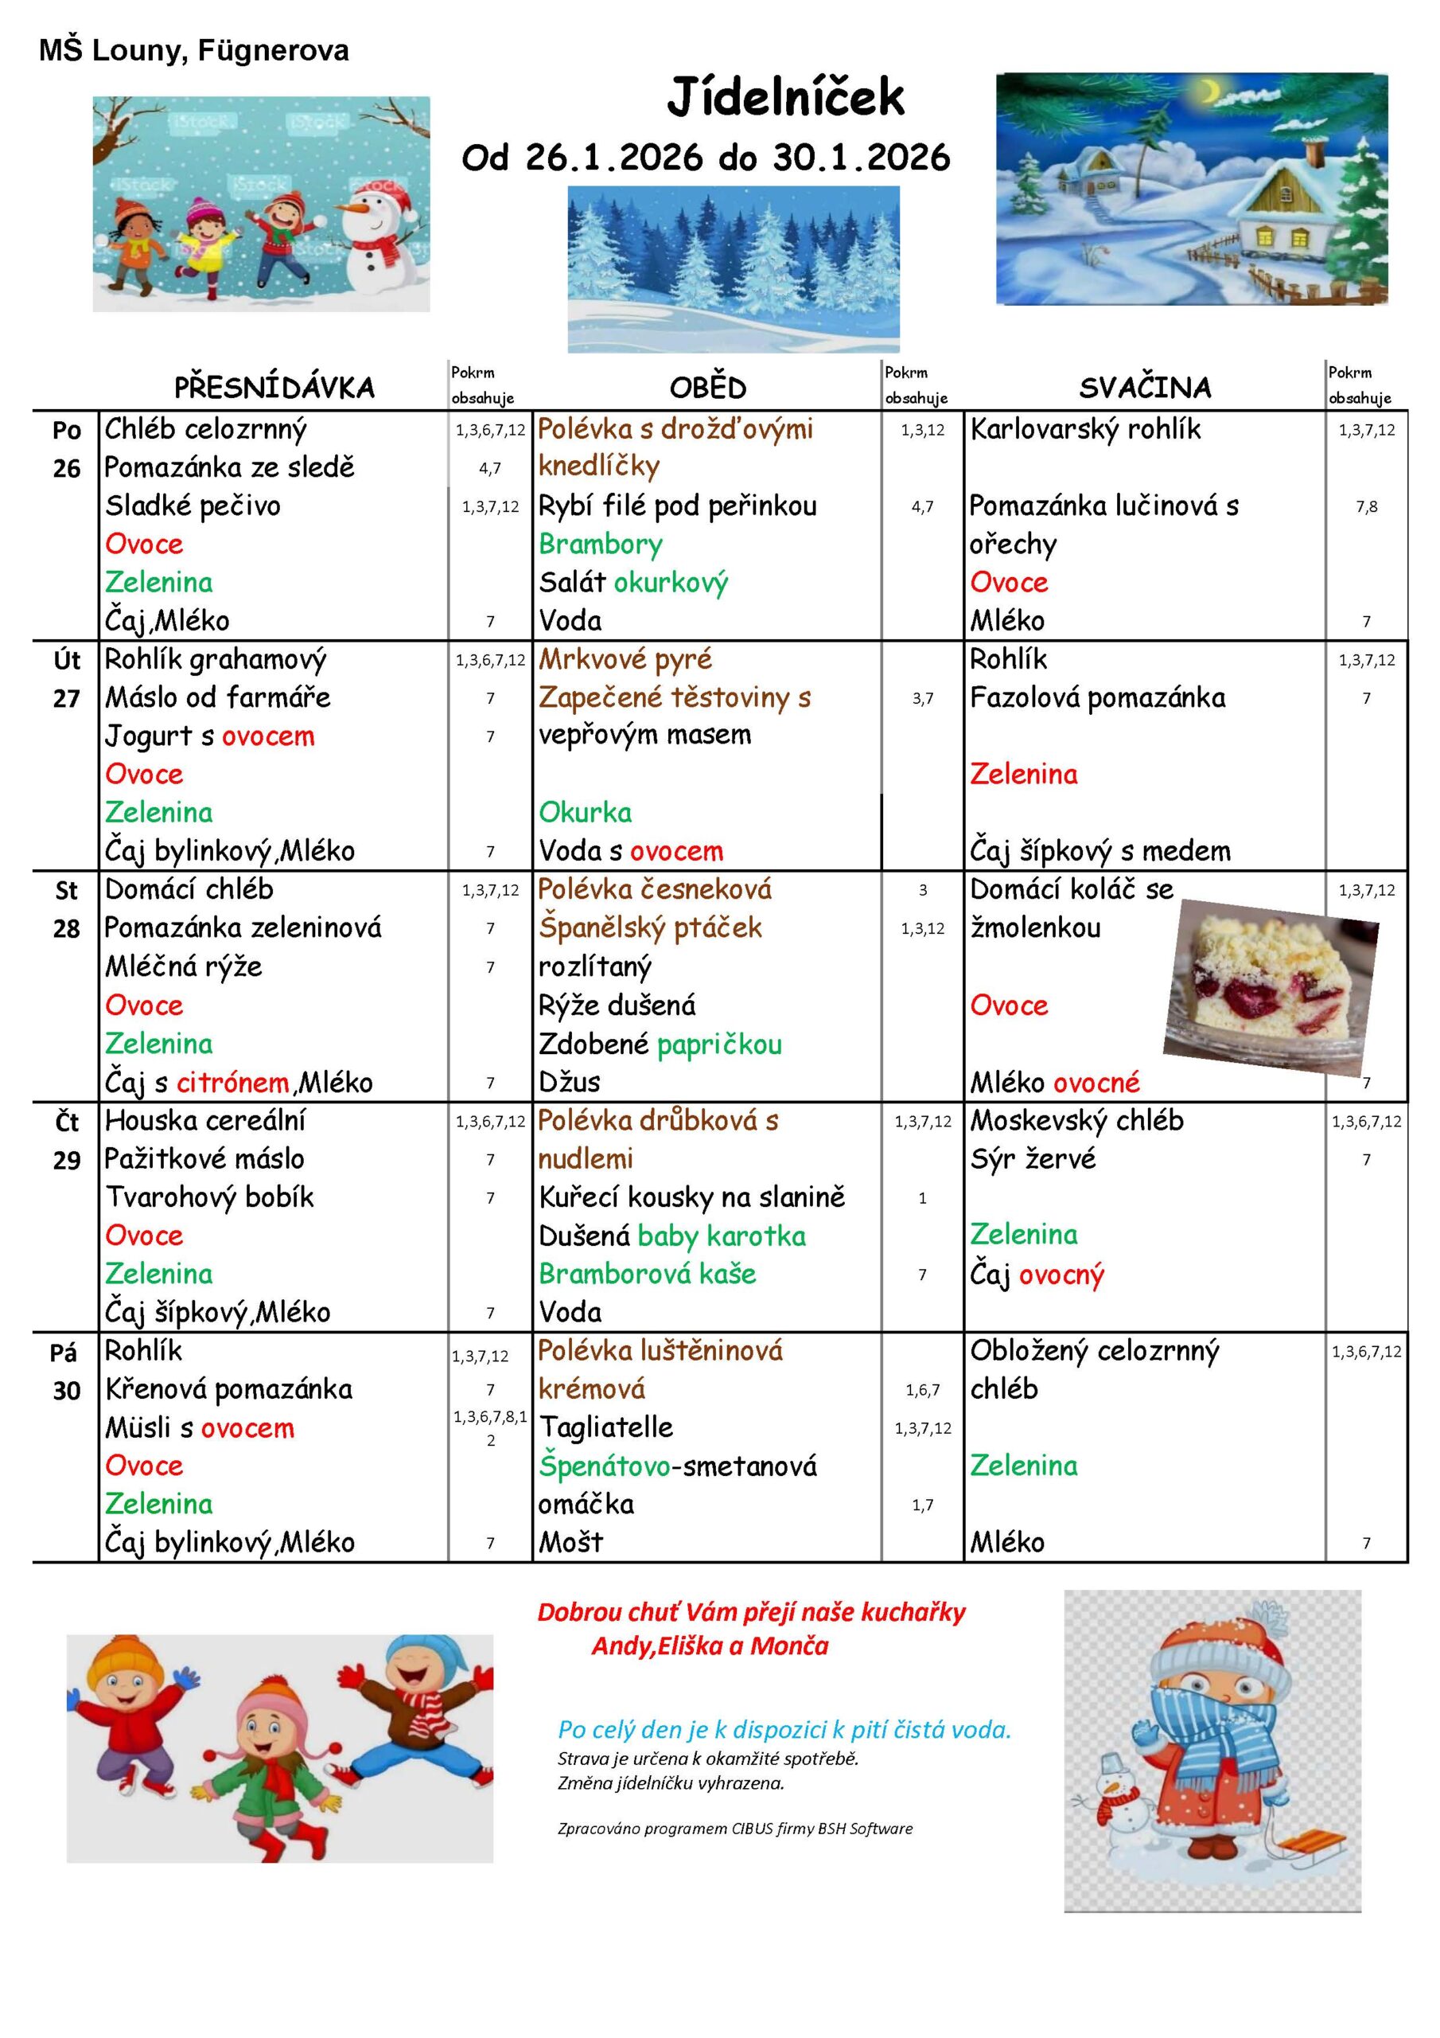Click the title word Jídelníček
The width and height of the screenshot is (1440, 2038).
pos(785,98)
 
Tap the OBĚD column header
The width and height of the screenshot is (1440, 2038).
pos(707,387)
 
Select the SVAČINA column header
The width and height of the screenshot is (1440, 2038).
pos(1145,387)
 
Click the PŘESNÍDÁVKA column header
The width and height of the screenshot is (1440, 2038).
pos(274,387)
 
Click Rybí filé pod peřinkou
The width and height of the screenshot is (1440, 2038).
pos(677,506)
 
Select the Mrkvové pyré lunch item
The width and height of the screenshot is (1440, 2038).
pos(625,659)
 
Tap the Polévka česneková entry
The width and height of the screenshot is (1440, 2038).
pos(654,889)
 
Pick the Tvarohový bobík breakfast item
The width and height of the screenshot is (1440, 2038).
pos(209,1197)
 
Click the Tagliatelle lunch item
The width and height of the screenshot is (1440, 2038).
pos(606,1427)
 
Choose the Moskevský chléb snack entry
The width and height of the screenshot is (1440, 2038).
pos(1076,1120)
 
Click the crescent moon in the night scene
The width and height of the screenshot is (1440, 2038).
pos(1209,91)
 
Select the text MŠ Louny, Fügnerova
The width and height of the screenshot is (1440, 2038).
pos(193,51)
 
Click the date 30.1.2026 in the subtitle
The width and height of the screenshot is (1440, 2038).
pos(861,158)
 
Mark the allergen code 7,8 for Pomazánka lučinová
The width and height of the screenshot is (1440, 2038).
pos(1365,507)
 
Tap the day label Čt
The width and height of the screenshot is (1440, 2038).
pos(67,1122)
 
